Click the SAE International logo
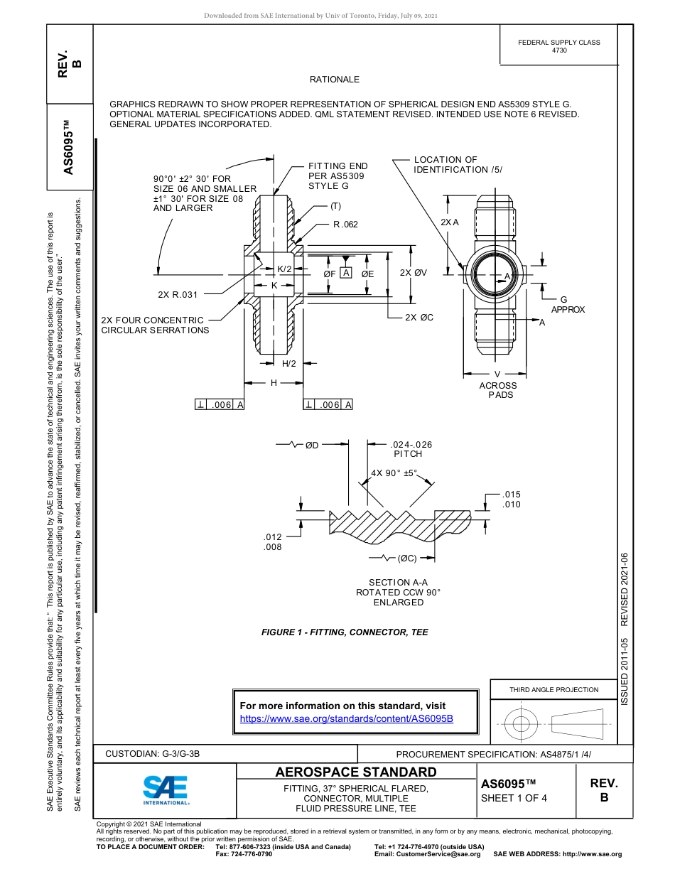(165, 789)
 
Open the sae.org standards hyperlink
(346, 719)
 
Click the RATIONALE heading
(335, 80)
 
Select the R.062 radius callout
(345, 225)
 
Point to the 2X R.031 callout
(178, 294)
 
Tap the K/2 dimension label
(285, 269)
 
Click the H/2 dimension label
(289, 364)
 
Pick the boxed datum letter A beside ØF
(346, 274)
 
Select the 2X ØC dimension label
(419, 318)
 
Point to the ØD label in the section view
(312, 445)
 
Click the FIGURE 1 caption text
(345, 632)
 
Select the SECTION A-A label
(398, 583)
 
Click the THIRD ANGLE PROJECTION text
(553, 689)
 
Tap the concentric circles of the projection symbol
(522, 724)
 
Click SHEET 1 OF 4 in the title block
(514, 797)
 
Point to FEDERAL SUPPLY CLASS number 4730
(559, 50)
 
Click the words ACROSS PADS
(498, 390)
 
